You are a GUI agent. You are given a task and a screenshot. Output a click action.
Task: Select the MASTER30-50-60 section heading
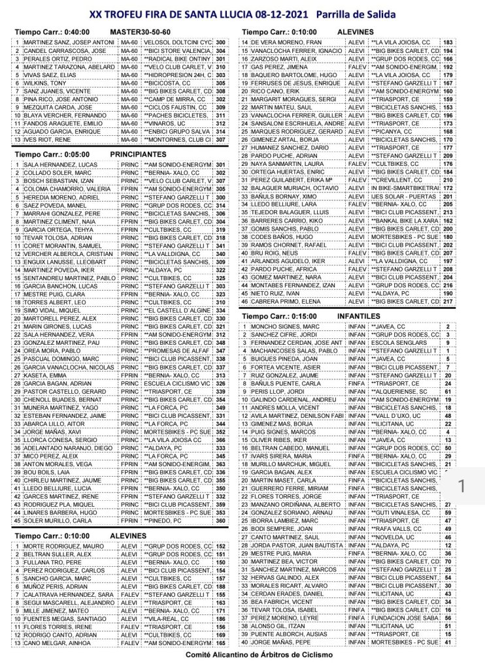(x=142, y=31)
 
